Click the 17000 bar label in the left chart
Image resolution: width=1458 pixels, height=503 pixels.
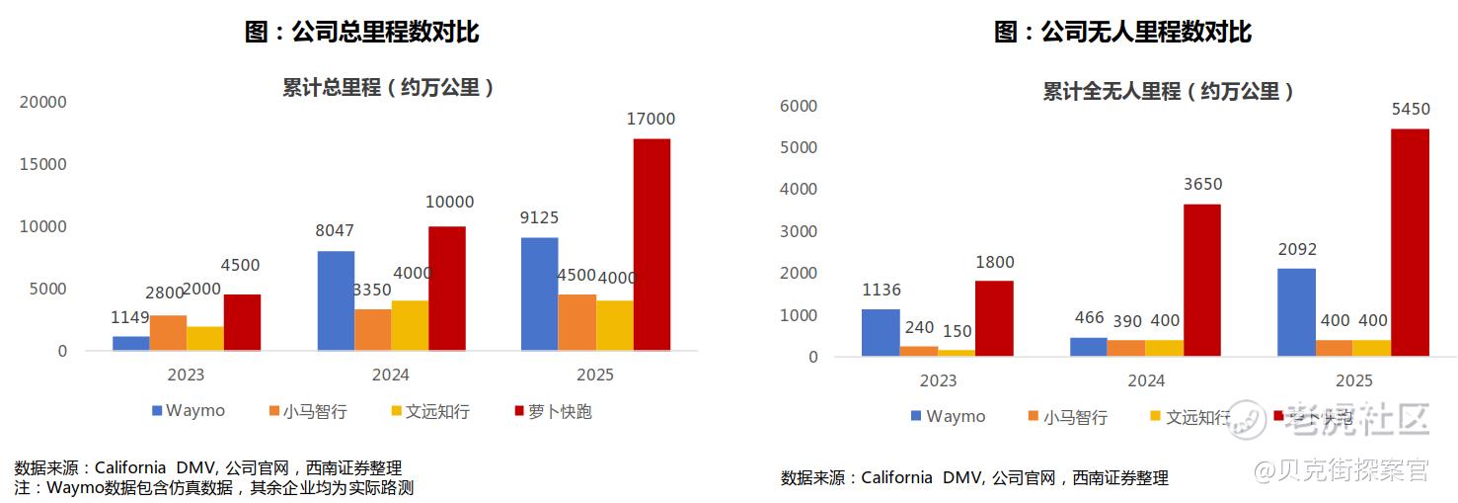651,120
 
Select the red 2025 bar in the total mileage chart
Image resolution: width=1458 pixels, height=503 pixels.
652,244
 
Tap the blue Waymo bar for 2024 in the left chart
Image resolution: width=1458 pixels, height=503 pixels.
336,300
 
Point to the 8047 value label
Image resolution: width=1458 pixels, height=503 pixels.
334,231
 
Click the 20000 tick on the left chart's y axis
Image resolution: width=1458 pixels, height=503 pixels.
43,102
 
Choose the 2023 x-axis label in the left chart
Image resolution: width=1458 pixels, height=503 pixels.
186,376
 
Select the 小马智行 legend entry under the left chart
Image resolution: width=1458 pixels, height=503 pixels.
307,411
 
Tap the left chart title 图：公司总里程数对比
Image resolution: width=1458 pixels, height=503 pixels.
361,32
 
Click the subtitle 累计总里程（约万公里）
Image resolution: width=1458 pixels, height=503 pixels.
388,87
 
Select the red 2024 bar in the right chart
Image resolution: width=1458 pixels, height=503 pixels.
1201,280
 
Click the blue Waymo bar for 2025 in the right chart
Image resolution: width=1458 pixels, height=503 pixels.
1296,311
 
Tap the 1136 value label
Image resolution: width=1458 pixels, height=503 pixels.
881,291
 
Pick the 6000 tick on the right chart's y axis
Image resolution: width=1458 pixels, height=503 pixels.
799,106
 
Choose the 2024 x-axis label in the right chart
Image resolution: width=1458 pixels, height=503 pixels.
1146,381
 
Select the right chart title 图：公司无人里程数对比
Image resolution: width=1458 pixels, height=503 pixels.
1122,32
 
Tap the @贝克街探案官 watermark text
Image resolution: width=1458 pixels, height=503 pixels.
1342,470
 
